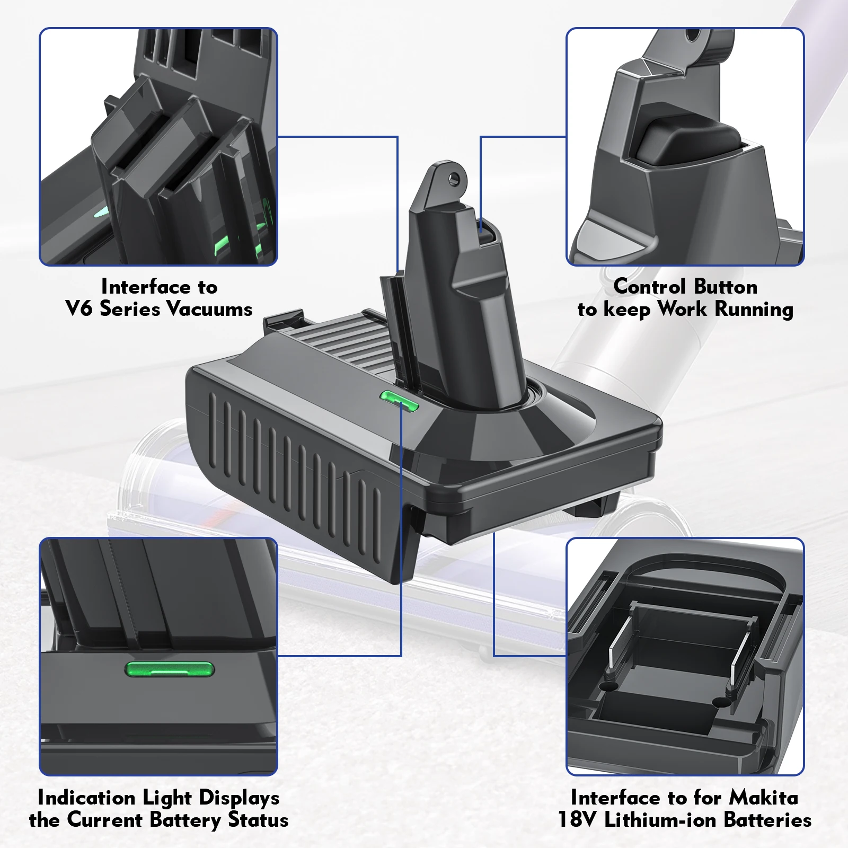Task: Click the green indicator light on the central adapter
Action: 400,401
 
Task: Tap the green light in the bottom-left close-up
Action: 170,670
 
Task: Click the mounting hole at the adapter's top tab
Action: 453,179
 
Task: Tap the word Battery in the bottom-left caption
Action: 185,820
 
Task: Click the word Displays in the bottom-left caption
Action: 239,798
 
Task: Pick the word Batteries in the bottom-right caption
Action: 768,819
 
